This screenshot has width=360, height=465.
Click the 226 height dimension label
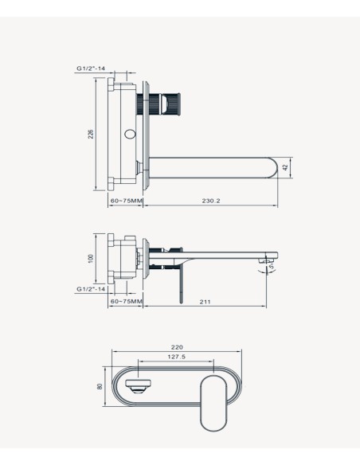tap(91, 134)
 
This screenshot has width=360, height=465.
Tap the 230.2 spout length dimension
tap(211, 201)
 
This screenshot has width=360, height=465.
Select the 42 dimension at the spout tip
tap(286, 167)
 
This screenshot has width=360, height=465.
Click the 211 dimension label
tap(205, 302)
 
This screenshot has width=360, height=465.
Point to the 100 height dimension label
tap(91, 258)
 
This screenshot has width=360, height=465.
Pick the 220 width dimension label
tap(177, 347)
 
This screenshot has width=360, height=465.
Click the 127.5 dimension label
tap(177, 357)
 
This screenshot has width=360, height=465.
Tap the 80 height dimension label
tap(100, 386)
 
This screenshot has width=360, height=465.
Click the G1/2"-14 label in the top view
tap(91, 68)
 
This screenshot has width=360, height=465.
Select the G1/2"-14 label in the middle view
tap(91, 289)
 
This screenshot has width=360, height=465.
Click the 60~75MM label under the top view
tap(127, 201)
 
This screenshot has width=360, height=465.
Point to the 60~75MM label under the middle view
tap(127, 302)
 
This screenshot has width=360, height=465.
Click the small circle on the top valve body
tap(130, 134)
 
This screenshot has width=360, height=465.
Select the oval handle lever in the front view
tap(213, 404)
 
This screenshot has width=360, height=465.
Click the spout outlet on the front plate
tap(139, 386)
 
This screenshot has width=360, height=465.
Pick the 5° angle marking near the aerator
tap(272, 267)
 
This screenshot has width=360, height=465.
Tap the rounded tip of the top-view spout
tap(273, 167)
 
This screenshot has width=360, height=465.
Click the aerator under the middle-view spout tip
tap(265, 260)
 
